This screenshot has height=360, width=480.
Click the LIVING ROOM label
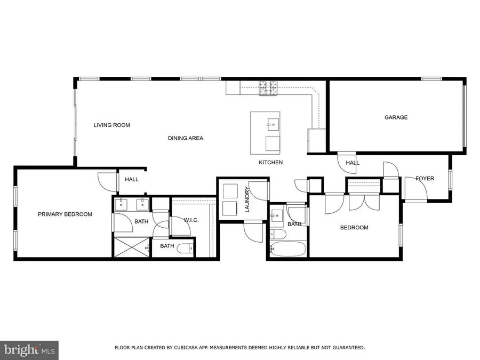111,125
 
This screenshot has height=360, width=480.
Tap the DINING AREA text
185,139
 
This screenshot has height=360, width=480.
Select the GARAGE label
396,117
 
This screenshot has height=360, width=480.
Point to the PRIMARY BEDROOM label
65,214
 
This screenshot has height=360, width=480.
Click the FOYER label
425,179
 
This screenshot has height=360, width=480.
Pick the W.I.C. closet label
191,220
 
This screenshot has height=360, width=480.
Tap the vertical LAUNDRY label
247,199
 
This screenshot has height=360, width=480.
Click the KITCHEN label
270,162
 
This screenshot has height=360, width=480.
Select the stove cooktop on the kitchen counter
269,88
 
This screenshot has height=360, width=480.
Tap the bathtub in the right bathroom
287,249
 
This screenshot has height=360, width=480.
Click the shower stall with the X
132,248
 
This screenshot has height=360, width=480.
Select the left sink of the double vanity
122,204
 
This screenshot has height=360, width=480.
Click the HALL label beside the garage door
352,163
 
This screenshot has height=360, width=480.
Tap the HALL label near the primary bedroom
132,179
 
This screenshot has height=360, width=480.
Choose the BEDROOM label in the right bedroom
354,228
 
